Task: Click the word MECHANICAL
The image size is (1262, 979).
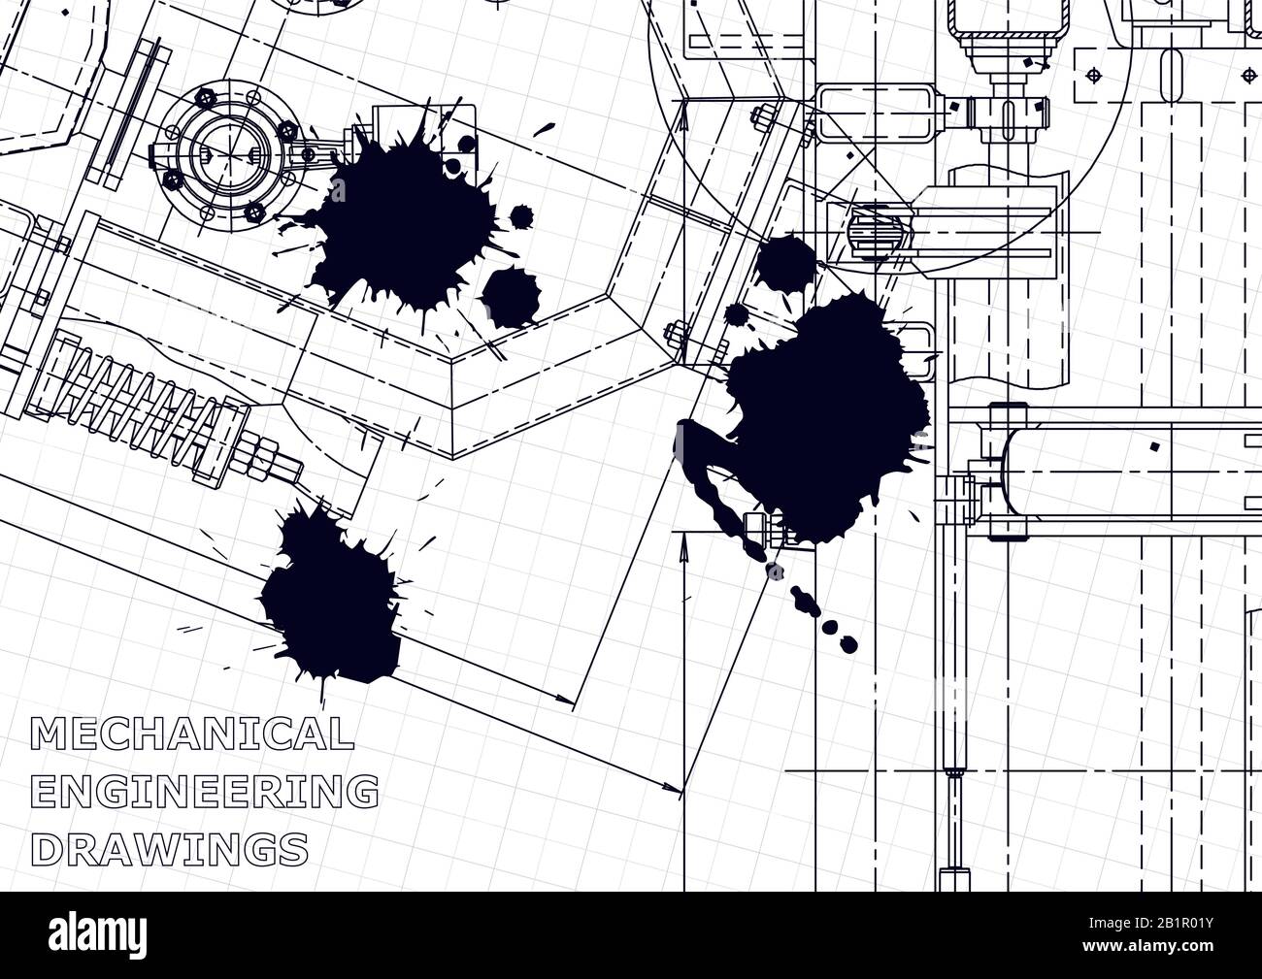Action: point(192,734)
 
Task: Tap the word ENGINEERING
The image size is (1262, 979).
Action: point(205,791)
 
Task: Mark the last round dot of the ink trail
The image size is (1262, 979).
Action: point(848,642)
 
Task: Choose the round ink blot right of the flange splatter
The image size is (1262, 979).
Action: point(511,296)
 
